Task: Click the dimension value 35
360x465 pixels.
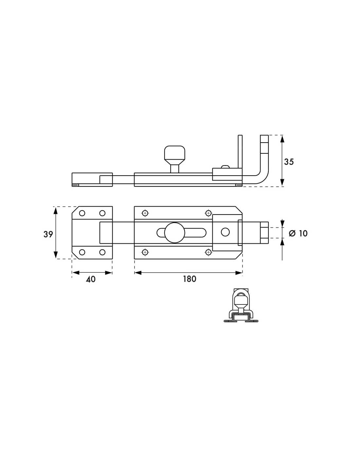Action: pos(289,162)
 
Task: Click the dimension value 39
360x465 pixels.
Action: pos(48,234)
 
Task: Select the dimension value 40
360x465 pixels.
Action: pos(91,279)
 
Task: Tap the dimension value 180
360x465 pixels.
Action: pos(189,279)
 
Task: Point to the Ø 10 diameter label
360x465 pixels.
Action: pos(298,233)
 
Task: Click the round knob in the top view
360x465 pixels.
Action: pos(174,232)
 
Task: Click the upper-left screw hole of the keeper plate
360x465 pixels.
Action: pos(82,213)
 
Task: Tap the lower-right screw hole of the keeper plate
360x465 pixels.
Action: pos(102,252)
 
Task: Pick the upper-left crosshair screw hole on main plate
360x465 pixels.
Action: pos(145,213)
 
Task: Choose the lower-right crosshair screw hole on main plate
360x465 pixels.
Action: pos(208,252)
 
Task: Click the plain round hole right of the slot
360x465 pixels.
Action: pos(225,232)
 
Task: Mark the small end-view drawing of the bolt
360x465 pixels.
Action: pos(241,306)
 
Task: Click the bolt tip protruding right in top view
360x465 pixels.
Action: pos(264,233)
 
